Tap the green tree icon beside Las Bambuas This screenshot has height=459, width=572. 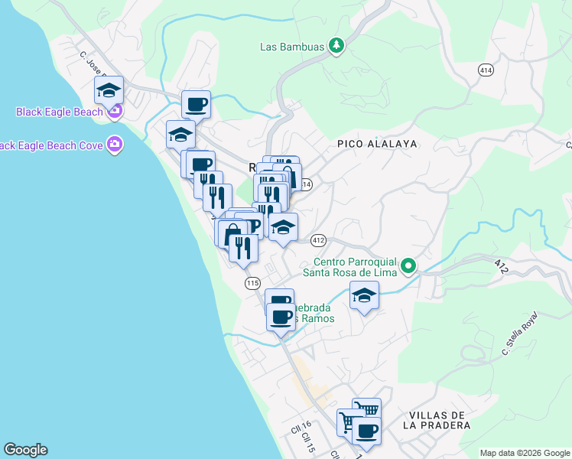(336, 46)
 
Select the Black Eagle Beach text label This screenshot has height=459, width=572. (59, 112)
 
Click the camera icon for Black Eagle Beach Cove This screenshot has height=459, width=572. (115, 144)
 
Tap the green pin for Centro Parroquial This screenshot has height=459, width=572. (409, 266)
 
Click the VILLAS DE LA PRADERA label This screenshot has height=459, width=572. (434, 418)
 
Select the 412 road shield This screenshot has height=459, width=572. (319, 240)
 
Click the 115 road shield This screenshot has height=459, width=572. (253, 283)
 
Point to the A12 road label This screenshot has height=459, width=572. (501, 267)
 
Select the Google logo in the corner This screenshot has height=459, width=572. (25, 450)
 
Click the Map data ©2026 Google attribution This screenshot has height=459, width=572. (525, 453)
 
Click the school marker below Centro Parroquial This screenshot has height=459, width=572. (365, 295)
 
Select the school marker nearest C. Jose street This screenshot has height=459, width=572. (109, 90)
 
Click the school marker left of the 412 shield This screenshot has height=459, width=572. (283, 226)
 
